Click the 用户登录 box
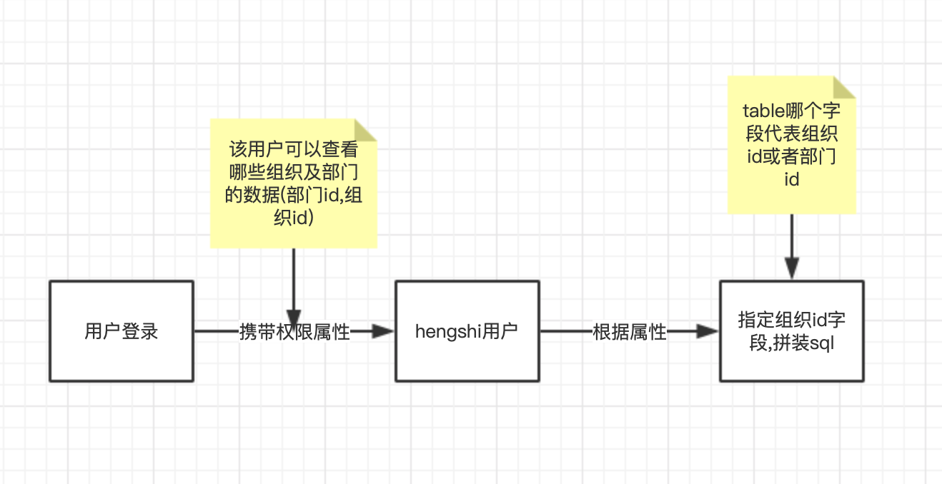(122, 331)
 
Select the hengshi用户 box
(467, 331)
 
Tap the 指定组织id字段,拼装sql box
(791, 331)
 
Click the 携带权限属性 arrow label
(294, 332)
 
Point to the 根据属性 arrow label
(630, 332)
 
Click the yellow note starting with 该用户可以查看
(293, 183)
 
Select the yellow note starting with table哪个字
(791, 145)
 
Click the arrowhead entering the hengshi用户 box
(386, 331)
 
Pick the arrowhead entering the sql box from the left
(709, 331)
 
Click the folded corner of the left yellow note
(365, 130)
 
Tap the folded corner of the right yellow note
(845, 87)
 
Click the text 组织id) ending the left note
(294, 218)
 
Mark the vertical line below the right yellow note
(791, 239)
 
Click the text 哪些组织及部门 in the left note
(294, 172)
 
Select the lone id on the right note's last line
(791, 179)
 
